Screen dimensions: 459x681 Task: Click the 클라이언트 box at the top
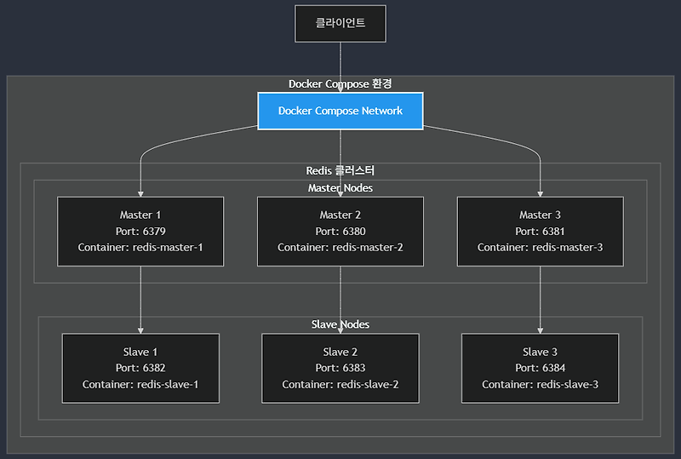coord(340,23)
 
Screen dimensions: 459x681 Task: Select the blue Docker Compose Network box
coord(340,111)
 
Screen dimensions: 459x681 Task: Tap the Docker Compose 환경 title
coord(340,83)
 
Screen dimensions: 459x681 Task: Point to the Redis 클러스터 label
coord(340,171)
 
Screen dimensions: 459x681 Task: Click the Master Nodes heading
coord(340,187)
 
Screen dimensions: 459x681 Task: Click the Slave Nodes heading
coord(340,324)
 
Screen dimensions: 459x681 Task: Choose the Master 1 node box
coord(140,232)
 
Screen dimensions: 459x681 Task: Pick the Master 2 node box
coord(340,232)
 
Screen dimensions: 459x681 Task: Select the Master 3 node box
coord(540,232)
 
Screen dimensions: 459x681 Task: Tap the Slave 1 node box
coord(140,368)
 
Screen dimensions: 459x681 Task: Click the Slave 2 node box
coord(340,368)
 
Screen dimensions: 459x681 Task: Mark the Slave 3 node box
coord(540,368)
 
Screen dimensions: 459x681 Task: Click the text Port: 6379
coord(140,232)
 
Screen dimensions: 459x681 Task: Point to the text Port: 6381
coord(540,232)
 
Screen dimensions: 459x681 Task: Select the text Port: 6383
coord(340,368)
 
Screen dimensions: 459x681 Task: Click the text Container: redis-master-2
coord(340,248)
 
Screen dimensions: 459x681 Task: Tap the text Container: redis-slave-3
coord(540,384)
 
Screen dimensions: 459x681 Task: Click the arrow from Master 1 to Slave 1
coord(140,298)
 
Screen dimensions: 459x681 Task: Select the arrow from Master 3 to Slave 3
coord(540,298)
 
